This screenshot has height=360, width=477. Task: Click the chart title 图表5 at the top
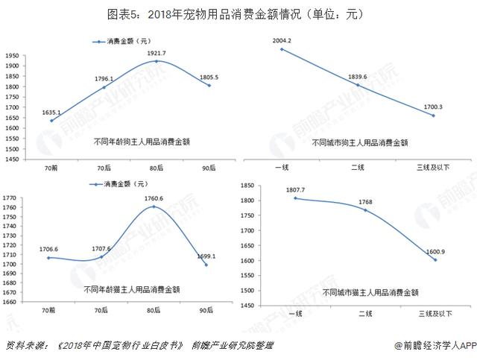pyautogui.click(x=238, y=14)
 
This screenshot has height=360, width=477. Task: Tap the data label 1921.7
pyautogui.click(x=157, y=53)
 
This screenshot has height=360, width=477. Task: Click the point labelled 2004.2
pyautogui.click(x=282, y=49)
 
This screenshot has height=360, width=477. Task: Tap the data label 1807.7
pyautogui.click(x=295, y=190)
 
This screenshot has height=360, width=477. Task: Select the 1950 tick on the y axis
pyautogui.click(x=11, y=56)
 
